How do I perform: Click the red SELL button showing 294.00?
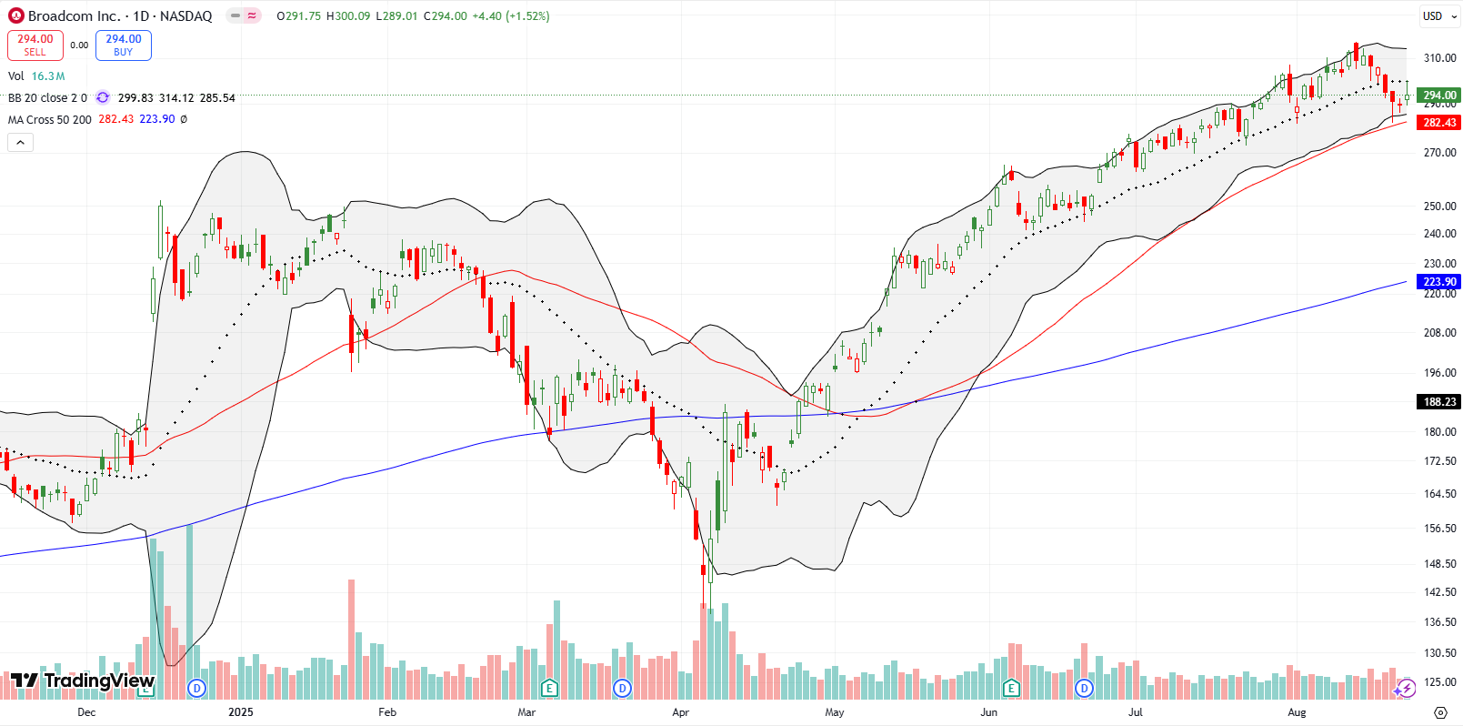(35, 45)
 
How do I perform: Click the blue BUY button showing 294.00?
(123, 45)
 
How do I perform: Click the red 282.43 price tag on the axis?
(1438, 123)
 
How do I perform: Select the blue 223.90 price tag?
(1438, 282)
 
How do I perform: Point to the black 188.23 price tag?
(1438, 401)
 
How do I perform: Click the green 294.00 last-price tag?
(1438, 95)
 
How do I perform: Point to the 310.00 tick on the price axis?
(1439, 58)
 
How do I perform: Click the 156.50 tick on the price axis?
(1439, 529)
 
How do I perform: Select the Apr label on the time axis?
(680, 712)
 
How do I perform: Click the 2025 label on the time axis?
(241, 712)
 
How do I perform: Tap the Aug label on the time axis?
(1297, 712)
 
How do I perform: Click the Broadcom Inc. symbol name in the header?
(74, 15)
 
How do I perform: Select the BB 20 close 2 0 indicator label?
(47, 97)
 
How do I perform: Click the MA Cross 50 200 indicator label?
(50, 119)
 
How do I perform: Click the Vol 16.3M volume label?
(36, 76)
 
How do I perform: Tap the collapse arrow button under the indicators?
(20, 142)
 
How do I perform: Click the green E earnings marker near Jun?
(1011, 688)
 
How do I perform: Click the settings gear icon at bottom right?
(1440, 712)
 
